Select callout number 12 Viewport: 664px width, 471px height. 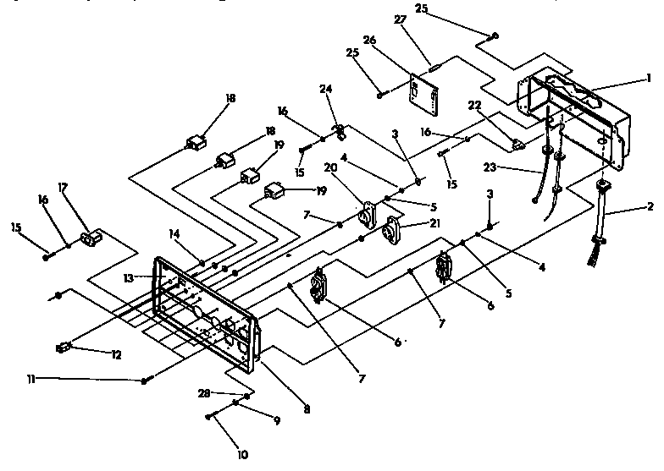pos(115,355)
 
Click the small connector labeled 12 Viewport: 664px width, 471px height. pos(63,346)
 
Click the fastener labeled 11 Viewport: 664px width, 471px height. pos(147,382)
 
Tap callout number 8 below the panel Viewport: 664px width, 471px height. pos(307,410)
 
